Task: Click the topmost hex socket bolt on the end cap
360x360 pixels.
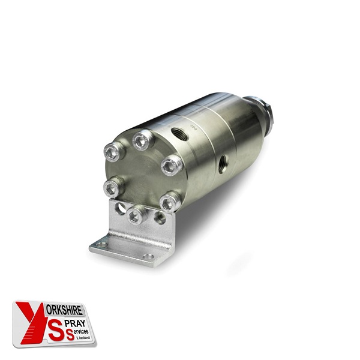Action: click(x=142, y=140)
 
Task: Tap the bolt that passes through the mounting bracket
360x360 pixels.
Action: click(x=136, y=215)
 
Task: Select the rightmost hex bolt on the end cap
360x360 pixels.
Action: click(x=172, y=165)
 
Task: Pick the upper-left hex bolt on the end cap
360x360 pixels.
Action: click(x=113, y=152)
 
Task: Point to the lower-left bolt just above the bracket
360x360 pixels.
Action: click(x=113, y=187)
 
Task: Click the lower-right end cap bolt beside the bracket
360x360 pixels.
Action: click(x=170, y=202)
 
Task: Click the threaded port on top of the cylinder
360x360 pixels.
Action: click(x=179, y=134)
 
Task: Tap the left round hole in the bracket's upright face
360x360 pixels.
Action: click(x=120, y=208)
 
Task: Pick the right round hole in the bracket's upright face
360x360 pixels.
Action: click(x=160, y=218)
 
